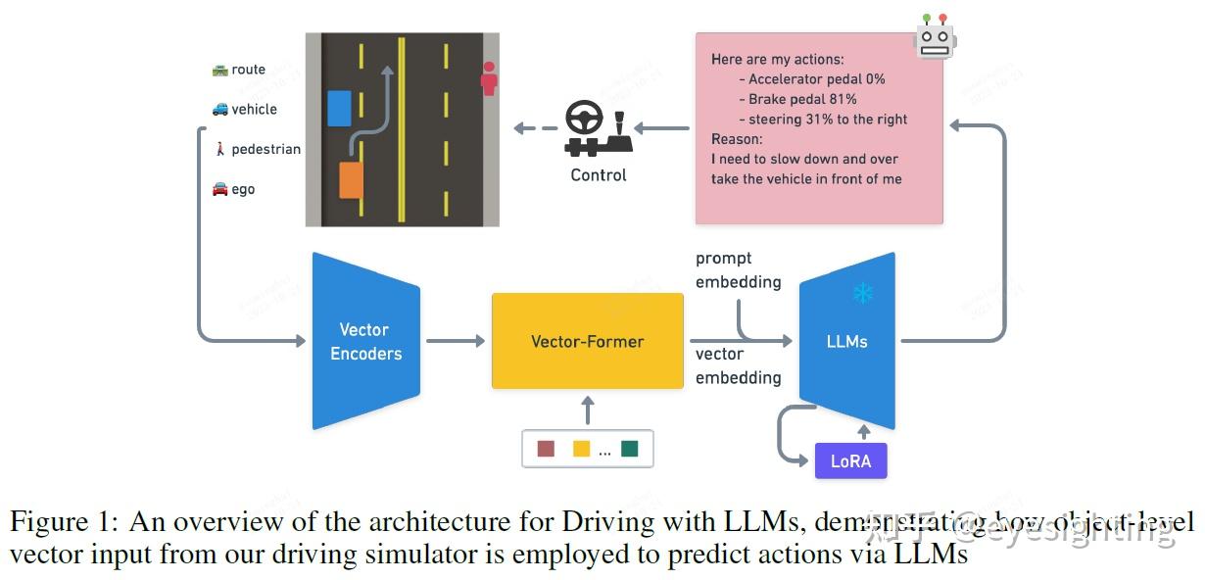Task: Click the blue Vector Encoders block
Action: click(x=365, y=341)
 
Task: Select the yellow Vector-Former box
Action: click(x=587, y=341)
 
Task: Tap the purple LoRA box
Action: click(x=850, y=460)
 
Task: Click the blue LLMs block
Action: click(x=847, y=341)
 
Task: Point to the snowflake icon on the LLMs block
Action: click(x=862, y=292)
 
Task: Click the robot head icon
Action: click(x=935, y=36)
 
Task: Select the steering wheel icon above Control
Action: click(x=585, y=121)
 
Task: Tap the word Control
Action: click(x=598, y=175)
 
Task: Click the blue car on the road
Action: click(x=339, y=108)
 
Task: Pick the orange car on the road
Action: click(x=351, y=181)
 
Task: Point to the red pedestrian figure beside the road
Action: click(x=489, y=78)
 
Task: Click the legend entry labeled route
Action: click(x=239, y=70)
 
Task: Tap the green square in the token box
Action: click(x=629, y=449)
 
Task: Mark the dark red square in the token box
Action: click(x=546, y=449)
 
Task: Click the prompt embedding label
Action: click(x=738, y=270)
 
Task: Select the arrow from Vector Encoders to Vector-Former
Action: click(x=456, y=341)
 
